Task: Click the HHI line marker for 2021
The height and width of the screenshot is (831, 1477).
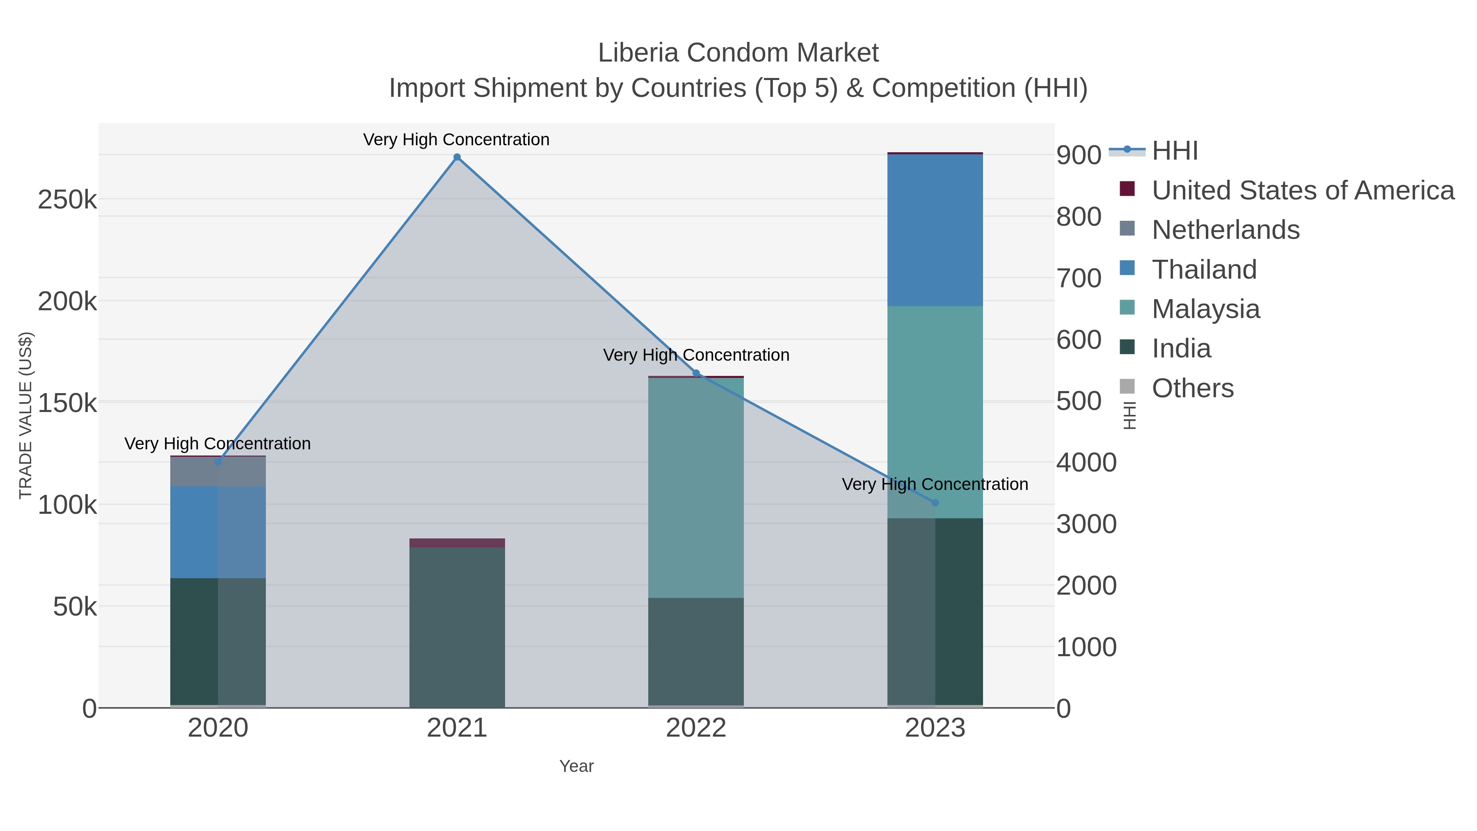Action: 457,157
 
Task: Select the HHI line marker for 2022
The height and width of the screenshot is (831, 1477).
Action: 696,373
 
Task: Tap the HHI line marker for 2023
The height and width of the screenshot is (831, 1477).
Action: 935,503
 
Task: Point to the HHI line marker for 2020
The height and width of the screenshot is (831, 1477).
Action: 218,462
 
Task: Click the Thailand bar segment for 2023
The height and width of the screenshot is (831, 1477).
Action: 935,230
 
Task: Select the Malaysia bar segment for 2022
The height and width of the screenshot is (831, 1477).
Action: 696,488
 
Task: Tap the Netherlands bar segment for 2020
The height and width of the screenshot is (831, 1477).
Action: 218,472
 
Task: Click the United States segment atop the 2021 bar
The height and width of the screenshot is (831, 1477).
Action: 457,543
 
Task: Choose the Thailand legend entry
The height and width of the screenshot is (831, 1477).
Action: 1204,270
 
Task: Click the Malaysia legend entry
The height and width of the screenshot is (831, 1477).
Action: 1206,309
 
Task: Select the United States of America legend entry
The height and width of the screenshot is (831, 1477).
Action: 1303,190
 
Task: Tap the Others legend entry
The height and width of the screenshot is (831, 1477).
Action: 1193,388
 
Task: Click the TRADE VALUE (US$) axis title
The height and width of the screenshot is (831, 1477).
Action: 26,415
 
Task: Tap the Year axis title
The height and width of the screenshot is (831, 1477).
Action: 576,766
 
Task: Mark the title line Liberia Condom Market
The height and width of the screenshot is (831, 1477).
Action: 738,53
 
